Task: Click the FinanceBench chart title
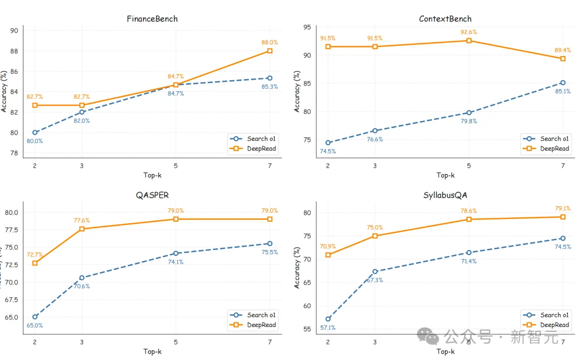click(152, 19)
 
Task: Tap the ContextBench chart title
click(445, 19)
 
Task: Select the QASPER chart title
click(152, 195)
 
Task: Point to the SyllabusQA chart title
click(445, 195)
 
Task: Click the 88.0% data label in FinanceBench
click(270, 42)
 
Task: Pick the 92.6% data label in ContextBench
click(469, 32)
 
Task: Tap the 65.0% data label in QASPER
click(35, 325)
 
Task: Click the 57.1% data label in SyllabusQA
click(328, 327)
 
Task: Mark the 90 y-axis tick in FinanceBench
click(14, 30)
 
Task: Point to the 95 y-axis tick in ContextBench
click(307, 27)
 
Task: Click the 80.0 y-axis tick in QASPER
click(11, 213)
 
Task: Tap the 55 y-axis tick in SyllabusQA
click(307, 329)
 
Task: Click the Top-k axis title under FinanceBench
click(152, 175)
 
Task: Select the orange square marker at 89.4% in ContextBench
click(563, 58)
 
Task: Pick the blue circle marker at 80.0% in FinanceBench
click(35, 132)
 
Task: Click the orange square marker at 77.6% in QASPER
click(82, 229)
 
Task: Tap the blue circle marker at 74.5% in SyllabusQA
click(563, 238)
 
